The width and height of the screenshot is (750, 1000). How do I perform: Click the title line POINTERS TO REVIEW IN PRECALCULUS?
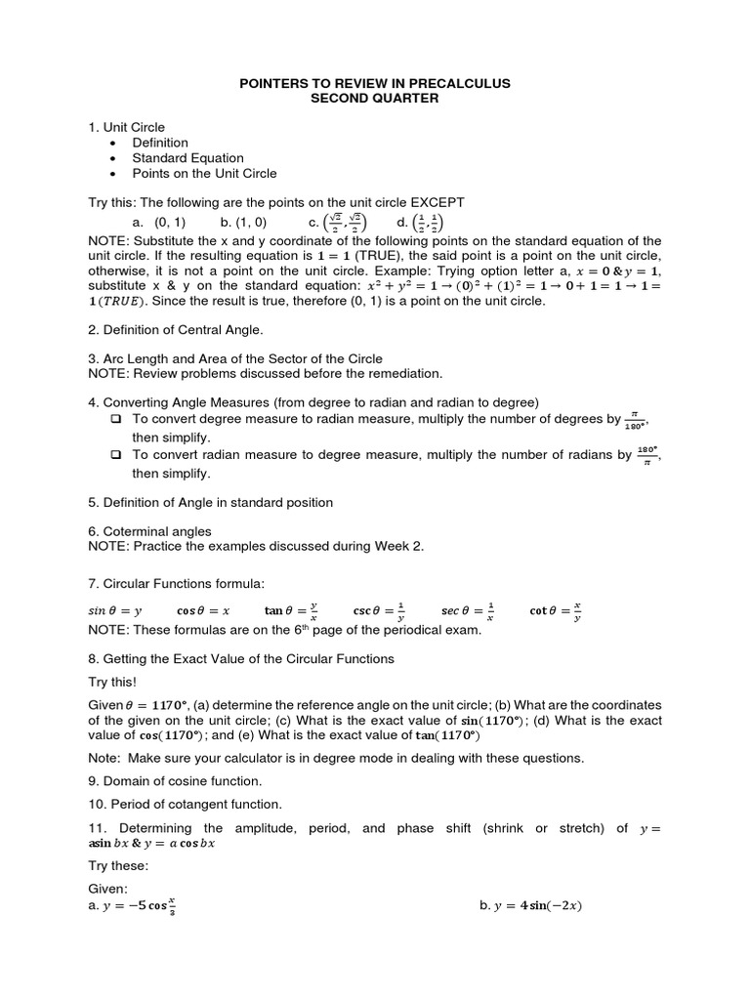point(375,84)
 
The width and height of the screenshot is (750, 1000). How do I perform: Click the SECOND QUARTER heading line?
point(375,99)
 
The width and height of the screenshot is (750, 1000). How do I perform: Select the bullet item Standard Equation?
point(188,158)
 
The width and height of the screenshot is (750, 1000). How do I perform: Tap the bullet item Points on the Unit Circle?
point(205,174)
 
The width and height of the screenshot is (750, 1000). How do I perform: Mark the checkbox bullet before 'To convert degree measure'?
point(116,418)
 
